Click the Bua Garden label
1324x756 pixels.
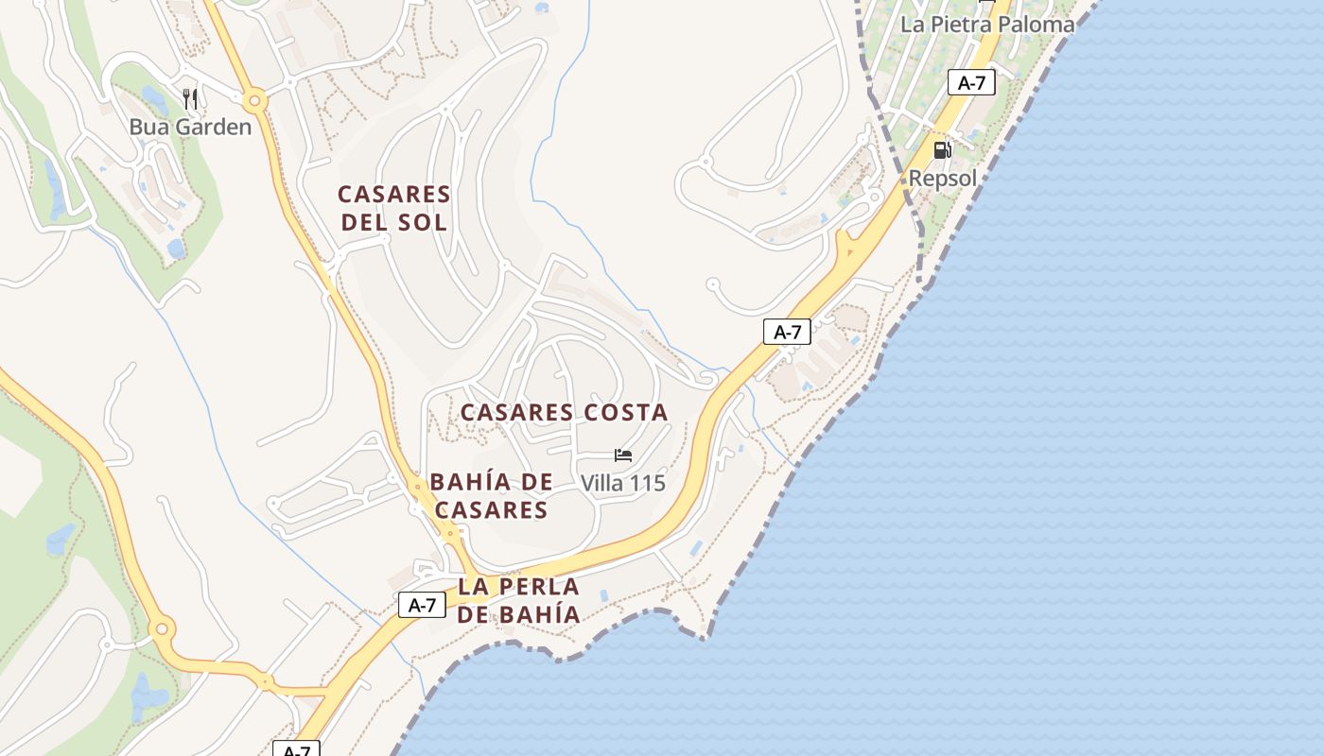pyautogui.click(x=190, y=127)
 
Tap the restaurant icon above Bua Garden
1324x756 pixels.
pyautogui.click(x=190, y=98)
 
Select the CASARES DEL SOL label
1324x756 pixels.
pyautogui.click(x=393, y=209)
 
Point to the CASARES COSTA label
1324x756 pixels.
pyautogui.click(x=564, y=412)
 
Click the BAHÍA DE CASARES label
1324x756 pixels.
pyautogui.click(x=491, y=496)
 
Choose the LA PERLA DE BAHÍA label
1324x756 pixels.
pyautogui.click(x=518, y=600)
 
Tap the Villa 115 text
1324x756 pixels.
pyautogui.click(x=623, y=483)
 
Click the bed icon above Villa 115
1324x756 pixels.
pyautogui.click(x=623, y=455)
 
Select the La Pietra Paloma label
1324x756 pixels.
pyautogui.click(x=987, y=25)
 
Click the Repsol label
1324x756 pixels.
pyautogui.click(x=942, y=178)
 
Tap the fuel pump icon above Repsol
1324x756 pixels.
pyautogui.click(x=942, y=149)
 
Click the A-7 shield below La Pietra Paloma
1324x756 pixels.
pyautogui.click(x=971, y=83)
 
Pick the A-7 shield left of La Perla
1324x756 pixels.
pyautogui.click(x=422, y=605)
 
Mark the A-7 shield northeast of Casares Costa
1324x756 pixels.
pyautogui.click(x=787, y=332)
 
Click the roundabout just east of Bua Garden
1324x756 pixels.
pyautogui.click(x=253, y=100)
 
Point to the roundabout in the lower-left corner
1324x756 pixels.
pyautogui.click(x=162, y=627)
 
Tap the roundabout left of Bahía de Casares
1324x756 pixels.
pyautogui.click(x=417, y=488)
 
